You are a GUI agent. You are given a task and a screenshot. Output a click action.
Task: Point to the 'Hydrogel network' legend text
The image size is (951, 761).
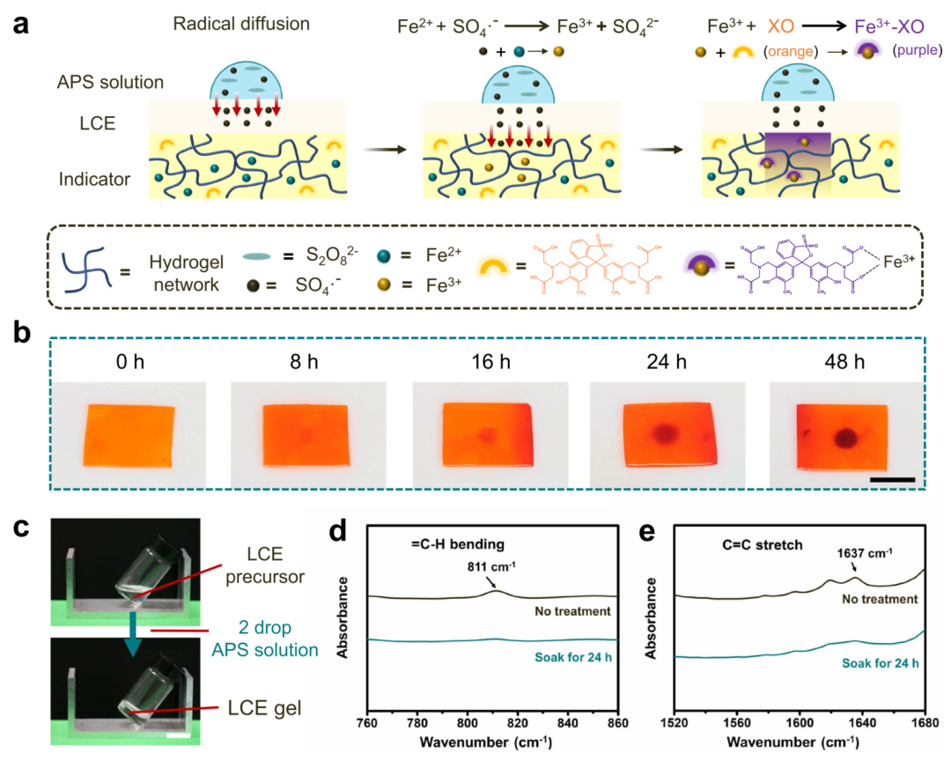[177, 270]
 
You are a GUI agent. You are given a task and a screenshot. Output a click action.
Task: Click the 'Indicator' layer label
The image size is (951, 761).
[95, 180]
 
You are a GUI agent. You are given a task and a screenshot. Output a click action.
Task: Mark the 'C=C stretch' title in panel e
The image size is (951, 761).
[766, 544]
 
